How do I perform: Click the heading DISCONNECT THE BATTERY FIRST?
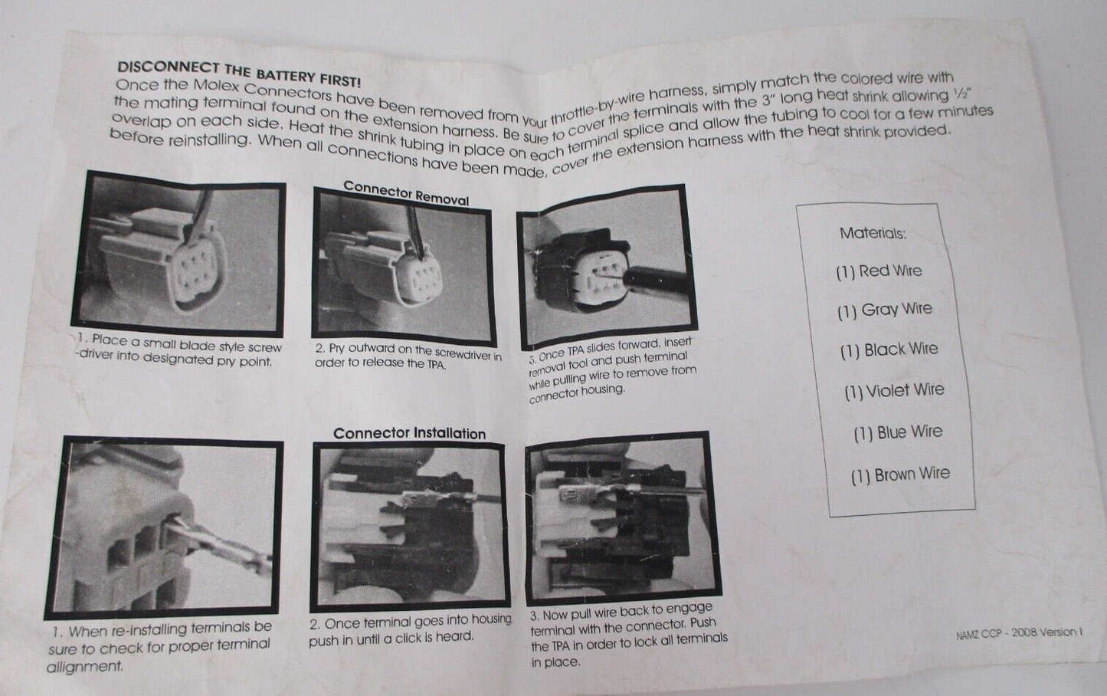[239, 74]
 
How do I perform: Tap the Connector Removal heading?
[406, 193]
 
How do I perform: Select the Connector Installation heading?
[409, 434]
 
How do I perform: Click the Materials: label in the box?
[873, 233]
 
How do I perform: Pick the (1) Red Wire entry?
[879, 271]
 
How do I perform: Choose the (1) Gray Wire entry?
[885, 310]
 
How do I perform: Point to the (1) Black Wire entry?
[889, 350]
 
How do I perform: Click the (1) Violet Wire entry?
[894, 390]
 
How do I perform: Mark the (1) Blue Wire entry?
[898, 432]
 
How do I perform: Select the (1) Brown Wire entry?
[900, 474]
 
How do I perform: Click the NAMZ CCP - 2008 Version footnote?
[1019, 633]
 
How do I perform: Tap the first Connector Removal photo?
[179, 254]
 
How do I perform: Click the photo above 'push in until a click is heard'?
[410, 526]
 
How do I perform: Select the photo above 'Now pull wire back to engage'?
[622, 519]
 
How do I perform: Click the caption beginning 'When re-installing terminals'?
[159, 648]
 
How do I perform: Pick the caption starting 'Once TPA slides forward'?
[612, 371]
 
